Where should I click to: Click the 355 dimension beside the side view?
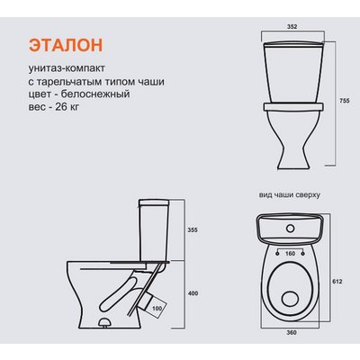coord(191,230)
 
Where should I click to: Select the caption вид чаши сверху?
coord(289,194)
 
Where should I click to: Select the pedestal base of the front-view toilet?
coord(289,144)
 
